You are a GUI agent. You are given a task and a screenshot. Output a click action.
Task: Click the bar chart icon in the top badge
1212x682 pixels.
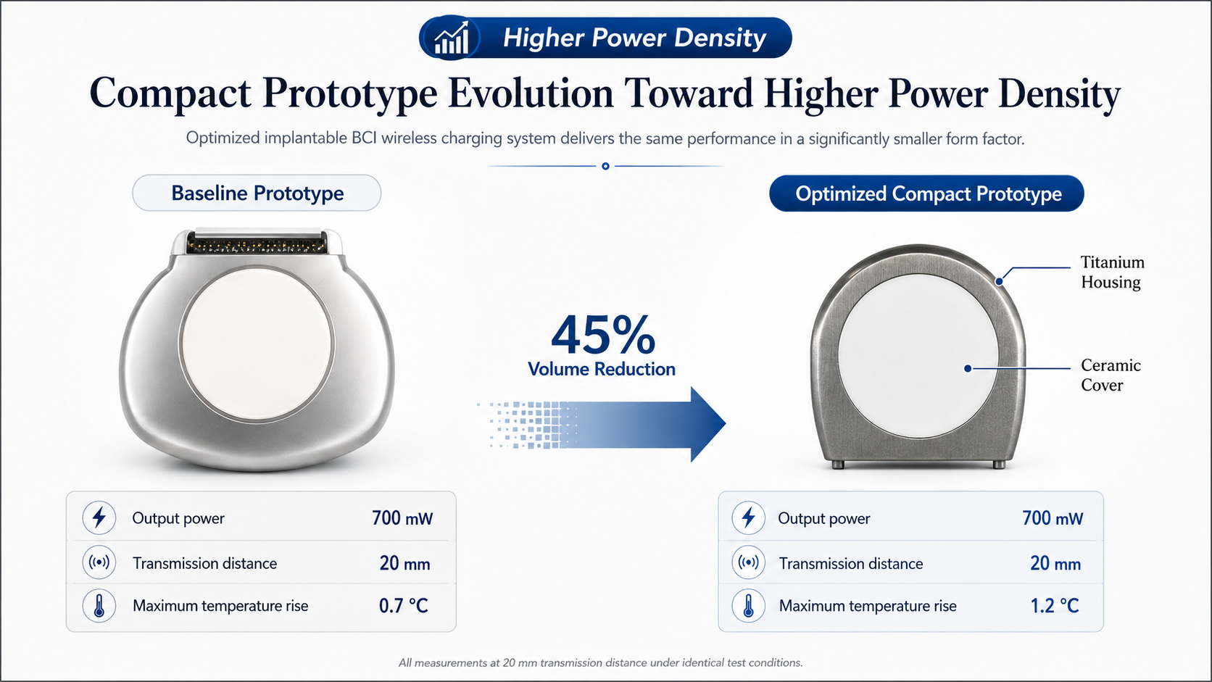click(452, 38)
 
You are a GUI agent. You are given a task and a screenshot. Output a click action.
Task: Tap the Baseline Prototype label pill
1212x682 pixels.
click(257, 193)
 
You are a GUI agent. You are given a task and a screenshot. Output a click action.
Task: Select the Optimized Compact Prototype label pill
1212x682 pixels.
click(926, 193)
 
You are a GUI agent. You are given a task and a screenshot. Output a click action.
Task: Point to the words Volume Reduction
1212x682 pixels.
click(602, 369)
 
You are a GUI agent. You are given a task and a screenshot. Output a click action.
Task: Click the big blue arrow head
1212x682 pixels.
click(707, 424)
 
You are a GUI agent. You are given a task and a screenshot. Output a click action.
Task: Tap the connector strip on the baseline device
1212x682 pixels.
click(257, 243)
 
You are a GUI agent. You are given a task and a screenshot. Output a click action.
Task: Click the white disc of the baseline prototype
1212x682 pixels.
click(257, 344)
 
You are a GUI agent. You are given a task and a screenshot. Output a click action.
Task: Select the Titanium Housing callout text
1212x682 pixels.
click(1113, 272)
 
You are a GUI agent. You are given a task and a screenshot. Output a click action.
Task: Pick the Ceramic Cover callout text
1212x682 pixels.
click(1111, 375)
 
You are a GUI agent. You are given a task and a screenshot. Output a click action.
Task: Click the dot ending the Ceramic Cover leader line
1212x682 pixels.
click(968, 368)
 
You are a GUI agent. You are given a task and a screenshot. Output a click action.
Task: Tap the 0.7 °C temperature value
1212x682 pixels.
click(404, 606)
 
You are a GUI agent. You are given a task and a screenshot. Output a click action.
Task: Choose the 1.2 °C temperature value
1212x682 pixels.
click(1055, 606)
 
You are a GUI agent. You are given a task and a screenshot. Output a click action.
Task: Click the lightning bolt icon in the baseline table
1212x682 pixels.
click(99, 517)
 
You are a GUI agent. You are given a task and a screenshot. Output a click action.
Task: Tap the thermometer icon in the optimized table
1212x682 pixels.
click(748, 606)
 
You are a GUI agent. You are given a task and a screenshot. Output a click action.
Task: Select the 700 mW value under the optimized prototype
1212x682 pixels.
click(1053, 518)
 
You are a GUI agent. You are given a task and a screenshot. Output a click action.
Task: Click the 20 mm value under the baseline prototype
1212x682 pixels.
click(404, 564)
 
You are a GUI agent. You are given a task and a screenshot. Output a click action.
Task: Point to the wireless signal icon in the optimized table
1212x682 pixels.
click(748, 562)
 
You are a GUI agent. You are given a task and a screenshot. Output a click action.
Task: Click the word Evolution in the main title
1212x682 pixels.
click(531, 93)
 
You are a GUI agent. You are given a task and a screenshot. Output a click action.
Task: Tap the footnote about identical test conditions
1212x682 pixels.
click(601, 662)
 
